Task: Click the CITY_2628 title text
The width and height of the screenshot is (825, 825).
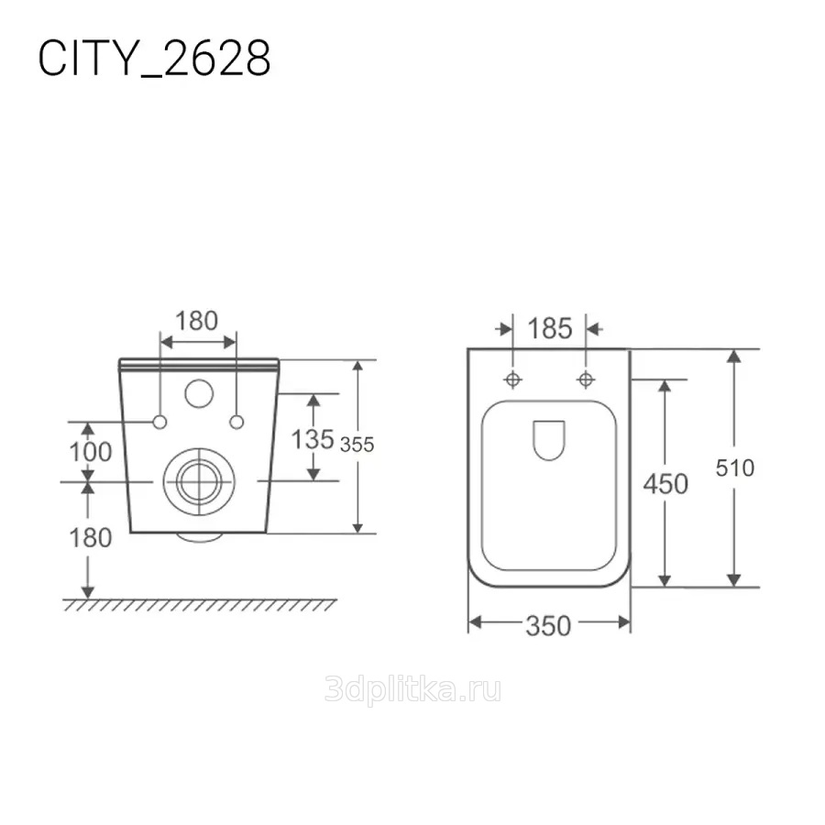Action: tap(154, 59)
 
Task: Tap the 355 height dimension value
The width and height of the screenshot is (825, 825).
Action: tap(357, 445)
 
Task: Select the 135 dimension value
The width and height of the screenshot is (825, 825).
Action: tap(313, 439)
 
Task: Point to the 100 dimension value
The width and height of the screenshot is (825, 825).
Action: tap(91, 452)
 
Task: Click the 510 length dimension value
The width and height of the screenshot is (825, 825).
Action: tap(735, 467)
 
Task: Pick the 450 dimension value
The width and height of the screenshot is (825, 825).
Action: tap(665, 484)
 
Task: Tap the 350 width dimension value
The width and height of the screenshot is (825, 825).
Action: tap(549, 626)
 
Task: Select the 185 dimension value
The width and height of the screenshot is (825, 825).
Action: tap(550, 329)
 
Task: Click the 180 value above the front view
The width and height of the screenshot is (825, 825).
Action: tap(196, 321)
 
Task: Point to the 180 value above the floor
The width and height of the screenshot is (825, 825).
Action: tap(91, 538)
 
